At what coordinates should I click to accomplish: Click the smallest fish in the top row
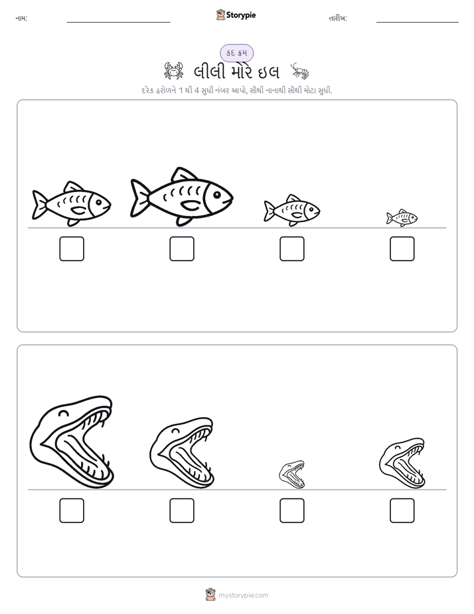click(402, 218)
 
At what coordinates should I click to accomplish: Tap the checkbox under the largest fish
click(182, 249)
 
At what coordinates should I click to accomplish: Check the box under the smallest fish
click(402, 249)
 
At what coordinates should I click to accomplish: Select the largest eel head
click(72, 443)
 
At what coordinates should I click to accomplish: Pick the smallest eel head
click(291, 474)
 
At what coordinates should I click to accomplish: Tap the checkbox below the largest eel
click(72, 510)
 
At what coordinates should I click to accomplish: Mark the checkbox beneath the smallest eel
click(292, 510)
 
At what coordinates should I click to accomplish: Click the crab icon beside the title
click(174, 71)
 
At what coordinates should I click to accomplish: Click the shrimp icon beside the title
click(300, 71)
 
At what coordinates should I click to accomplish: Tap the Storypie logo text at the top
click(241, 15)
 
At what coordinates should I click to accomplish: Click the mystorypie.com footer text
click(243, 595)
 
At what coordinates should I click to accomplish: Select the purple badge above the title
click(236, 53)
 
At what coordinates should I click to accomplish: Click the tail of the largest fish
click(139, 197)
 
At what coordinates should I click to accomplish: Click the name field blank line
click(118, 23)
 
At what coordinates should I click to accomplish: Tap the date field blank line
click(418, 23)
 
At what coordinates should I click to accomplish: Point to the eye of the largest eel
click(63, 413)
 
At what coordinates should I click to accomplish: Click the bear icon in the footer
click(210, 595)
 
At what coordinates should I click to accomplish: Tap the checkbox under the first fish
click(72, 249)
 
